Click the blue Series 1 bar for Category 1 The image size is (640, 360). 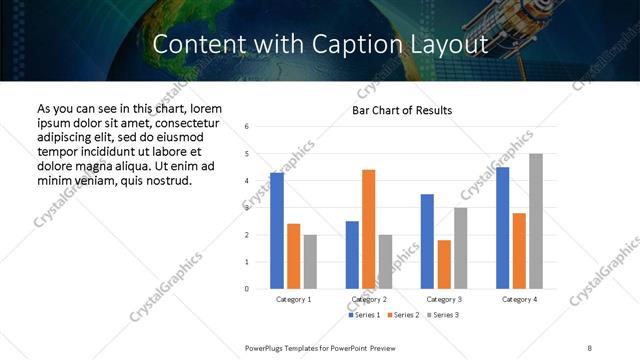[277, 231]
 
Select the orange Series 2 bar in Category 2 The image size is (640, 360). [368, 229]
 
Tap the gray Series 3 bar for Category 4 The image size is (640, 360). [536, 221]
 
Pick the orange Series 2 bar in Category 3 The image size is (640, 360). [443, 264]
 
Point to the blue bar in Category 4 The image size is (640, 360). [502, 228]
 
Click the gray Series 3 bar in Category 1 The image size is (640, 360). [310, 262]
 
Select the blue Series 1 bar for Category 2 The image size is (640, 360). [352, 255]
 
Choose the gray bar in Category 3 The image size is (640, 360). [460, 248]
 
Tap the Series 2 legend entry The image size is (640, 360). [402, 316]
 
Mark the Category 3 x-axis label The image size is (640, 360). [443, 299]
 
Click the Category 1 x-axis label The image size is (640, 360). [293, 299]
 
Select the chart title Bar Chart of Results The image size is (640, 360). [402, 110]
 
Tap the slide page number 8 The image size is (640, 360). [589, 347]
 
